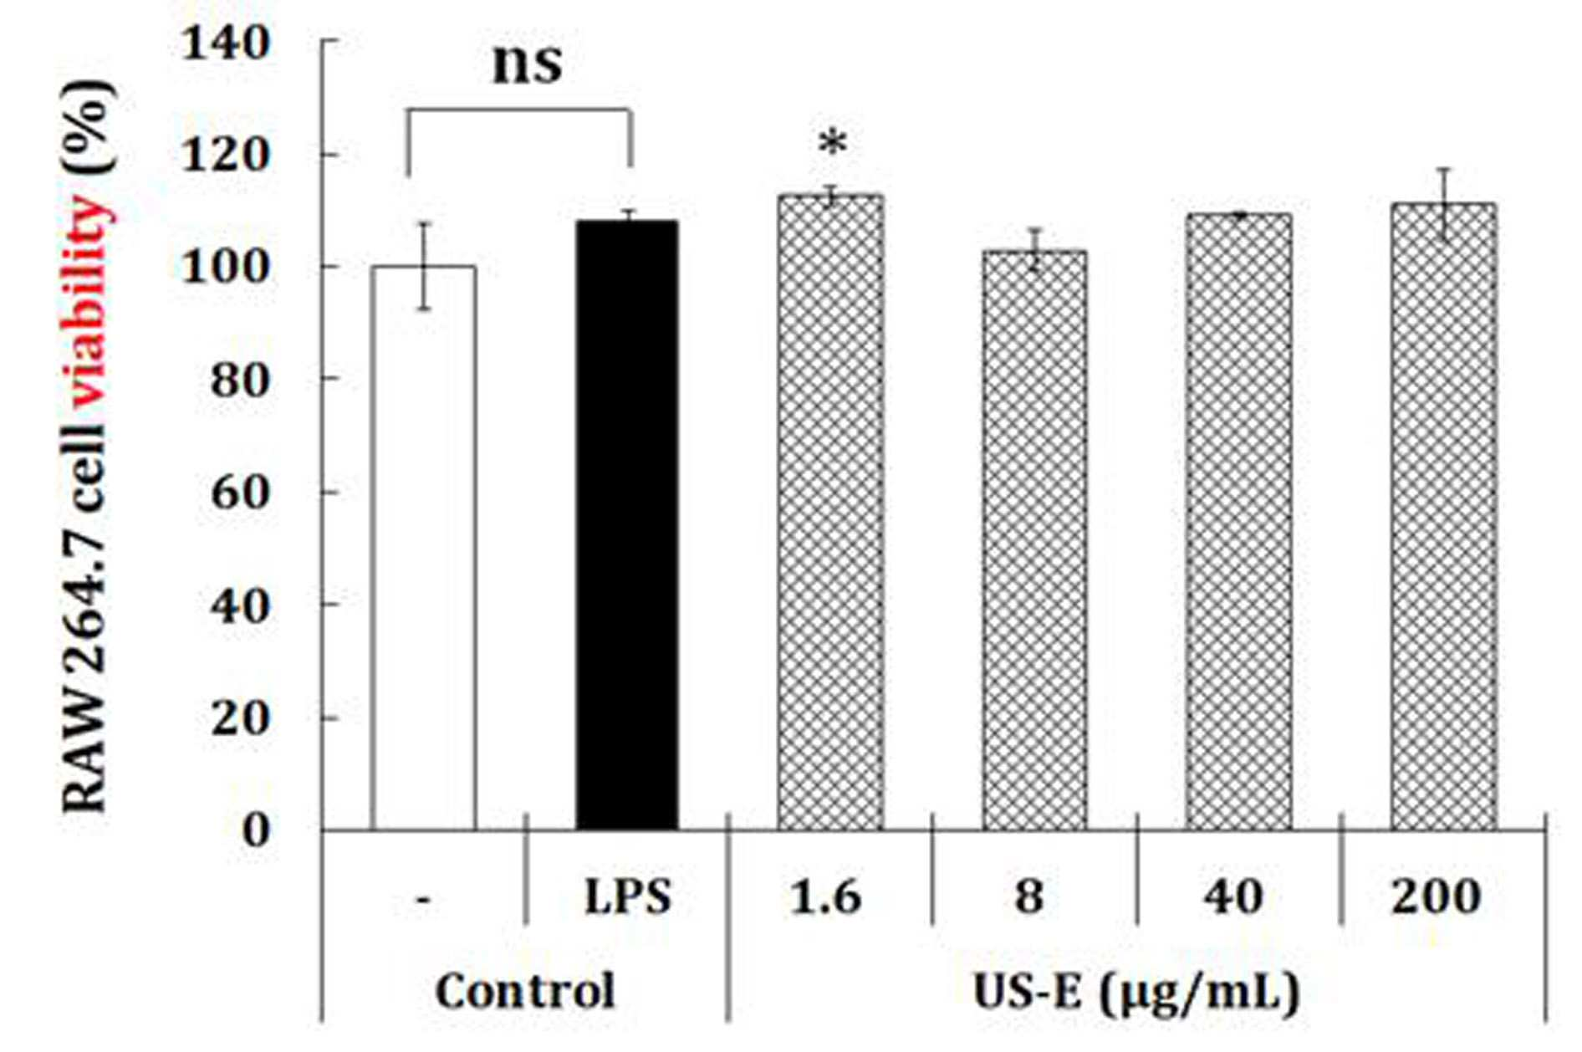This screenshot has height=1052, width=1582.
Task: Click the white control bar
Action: (424, 548)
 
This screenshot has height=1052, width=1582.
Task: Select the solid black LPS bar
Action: (627, 525)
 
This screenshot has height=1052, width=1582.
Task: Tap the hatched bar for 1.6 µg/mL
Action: (830, 513)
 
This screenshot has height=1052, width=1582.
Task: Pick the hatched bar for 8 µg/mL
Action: (1034, 540)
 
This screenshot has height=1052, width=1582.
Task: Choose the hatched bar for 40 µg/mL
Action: (1238, 523)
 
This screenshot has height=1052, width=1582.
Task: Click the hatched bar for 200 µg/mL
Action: (1444, 517)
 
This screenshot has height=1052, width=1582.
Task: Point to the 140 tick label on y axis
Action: (226, 43)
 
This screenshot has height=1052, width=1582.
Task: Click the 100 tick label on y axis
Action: (226, 268)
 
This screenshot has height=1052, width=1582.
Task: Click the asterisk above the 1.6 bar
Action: (832, 144)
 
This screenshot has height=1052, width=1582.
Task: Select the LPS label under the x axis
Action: (627, 898)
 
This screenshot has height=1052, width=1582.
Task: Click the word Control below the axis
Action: (525, 992)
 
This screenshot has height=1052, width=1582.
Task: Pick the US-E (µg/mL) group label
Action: (1136, 993)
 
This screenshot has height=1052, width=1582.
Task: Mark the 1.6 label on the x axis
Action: (826, 897)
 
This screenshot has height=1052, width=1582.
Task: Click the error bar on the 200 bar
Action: (1444, 205)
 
